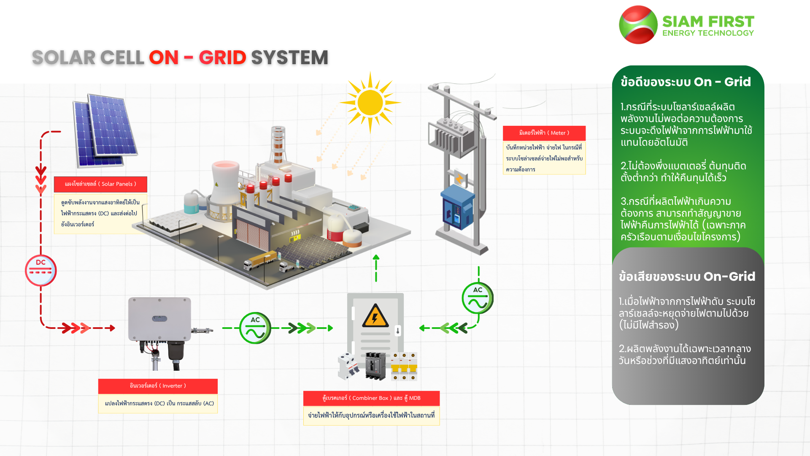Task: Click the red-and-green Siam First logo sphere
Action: pos(638,24)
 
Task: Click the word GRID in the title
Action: pos(222,57)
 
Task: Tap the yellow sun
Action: pos(370,103)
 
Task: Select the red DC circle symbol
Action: pos(40,270)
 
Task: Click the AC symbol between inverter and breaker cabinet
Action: pos(255,328)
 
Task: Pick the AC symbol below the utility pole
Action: pos(478,298)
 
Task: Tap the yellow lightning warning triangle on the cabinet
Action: pos(375,315)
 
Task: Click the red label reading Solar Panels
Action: pos(100,184)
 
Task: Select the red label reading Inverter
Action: pos(158,386)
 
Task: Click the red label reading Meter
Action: pos(544,133)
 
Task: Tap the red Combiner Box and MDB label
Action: pos(371,398)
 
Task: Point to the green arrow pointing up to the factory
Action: pos(376,268)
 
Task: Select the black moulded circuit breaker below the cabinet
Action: pos(375,366)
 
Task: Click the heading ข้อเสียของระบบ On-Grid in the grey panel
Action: pos(687,277)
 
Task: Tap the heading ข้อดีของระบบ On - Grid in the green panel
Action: pos(686,82)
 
